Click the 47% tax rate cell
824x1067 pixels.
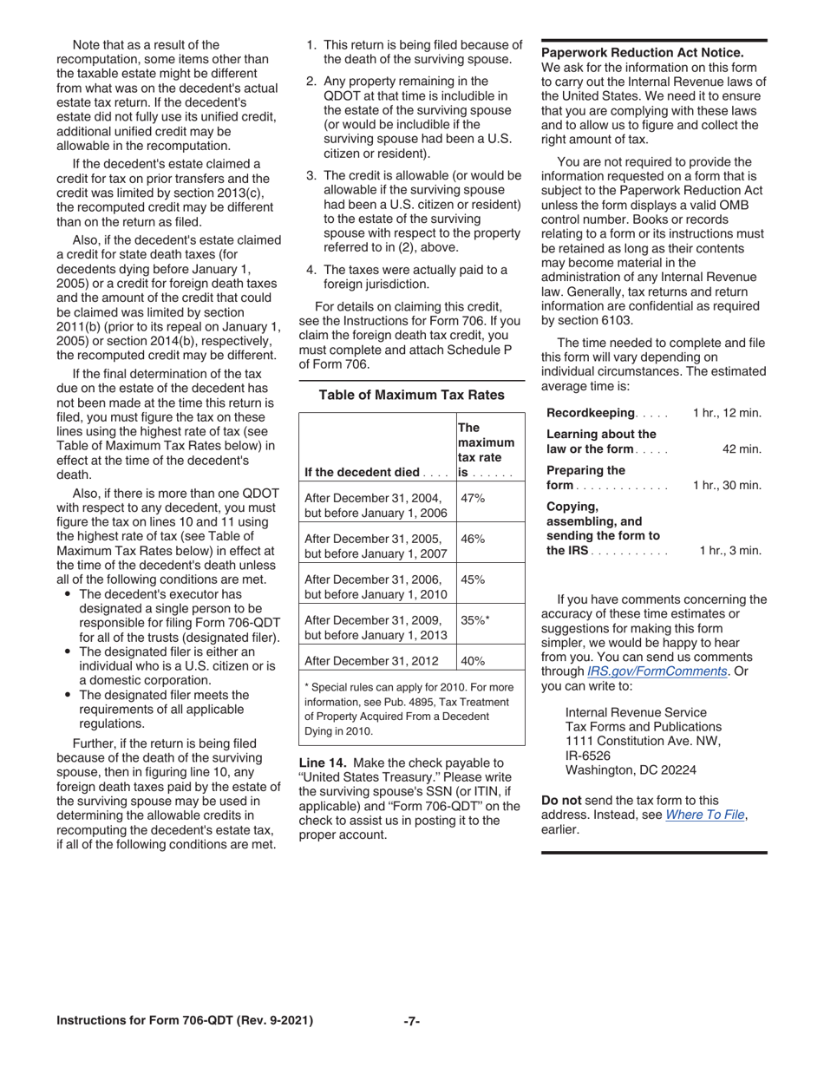click(x=473, y=498)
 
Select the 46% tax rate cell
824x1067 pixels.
click(x=473, y=539)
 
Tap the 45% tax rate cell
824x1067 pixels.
click(x=473, y=579)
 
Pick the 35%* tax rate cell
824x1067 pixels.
click(x=475, y=620)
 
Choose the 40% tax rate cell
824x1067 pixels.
click(x=473, y=660)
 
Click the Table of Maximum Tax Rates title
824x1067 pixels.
click(x=412, y=395)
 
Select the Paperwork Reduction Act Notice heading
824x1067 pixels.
click(x=642, y=53)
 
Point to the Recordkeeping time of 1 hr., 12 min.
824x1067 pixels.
click(x=727, y=413)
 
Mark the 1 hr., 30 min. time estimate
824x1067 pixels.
click(x=727, y=485)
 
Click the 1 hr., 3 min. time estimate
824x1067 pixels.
click(x=730, y=550)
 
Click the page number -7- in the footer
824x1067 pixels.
click(x=412, y=1021)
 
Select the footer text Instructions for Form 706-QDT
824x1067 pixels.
click(x=185, y=1021)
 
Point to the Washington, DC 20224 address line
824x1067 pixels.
click(x=631, y=769)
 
